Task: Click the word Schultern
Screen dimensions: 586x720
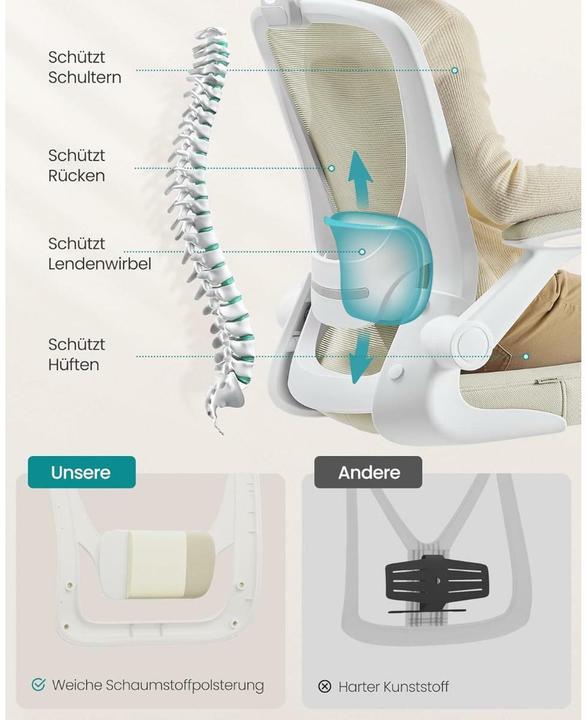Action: (85, 78)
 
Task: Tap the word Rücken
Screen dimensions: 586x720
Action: (77, 175)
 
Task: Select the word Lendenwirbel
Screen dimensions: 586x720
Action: (100, 264)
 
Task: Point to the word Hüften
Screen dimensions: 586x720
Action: (74, 365)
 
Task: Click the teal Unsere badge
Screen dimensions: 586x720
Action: (82, 472)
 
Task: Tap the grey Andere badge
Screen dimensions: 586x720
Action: (368, 472)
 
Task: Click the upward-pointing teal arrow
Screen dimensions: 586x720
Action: (359, 180)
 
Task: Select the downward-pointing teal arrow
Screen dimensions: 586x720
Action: (360, 358)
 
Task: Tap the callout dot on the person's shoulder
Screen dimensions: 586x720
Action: (455, 70)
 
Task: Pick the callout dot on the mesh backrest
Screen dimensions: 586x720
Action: (331, 169)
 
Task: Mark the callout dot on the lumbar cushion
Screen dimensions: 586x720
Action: (362, 252)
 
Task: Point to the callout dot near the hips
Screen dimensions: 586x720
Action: (526, 356)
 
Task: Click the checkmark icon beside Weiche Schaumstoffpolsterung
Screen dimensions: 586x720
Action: (39, 685)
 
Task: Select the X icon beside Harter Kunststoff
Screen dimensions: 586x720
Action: (325, 686)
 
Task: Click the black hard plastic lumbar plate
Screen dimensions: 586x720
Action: (436, 582)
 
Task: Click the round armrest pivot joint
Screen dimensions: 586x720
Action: (471, 341)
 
